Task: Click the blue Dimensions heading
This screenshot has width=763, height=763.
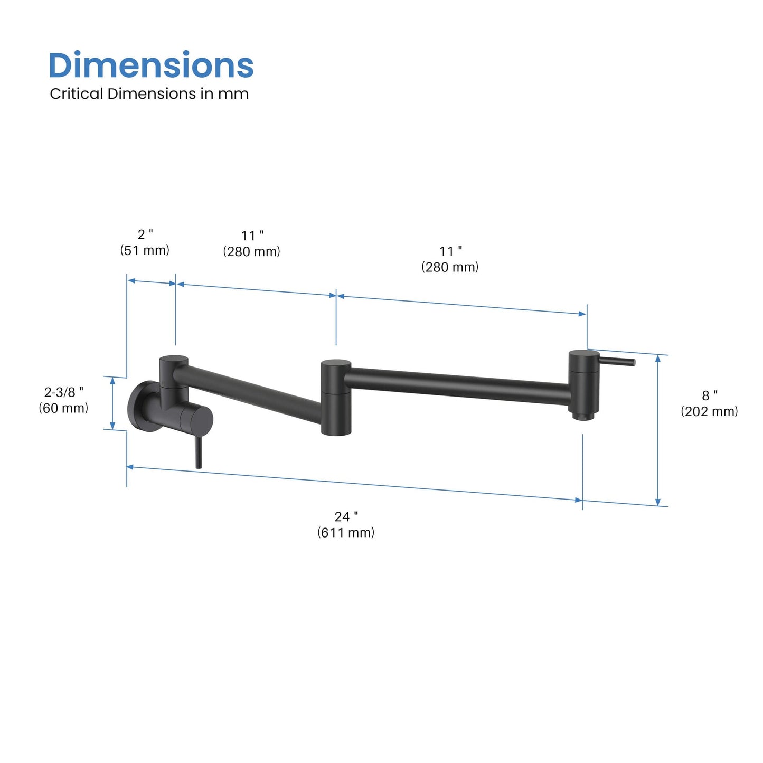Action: (151, 65)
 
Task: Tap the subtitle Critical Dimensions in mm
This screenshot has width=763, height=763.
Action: (149, 94)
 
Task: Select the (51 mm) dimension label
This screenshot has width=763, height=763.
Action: (145, 250)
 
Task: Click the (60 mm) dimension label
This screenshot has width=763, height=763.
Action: (63, 408)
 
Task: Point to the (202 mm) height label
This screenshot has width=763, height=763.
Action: (710, 411)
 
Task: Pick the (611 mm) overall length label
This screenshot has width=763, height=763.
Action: (346, 533)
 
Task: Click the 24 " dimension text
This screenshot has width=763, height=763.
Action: (346, 517)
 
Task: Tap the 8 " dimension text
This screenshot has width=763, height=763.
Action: (710, 395)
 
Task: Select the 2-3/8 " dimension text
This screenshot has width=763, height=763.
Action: (64, 392)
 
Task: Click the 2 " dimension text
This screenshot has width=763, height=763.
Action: (145, 234)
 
